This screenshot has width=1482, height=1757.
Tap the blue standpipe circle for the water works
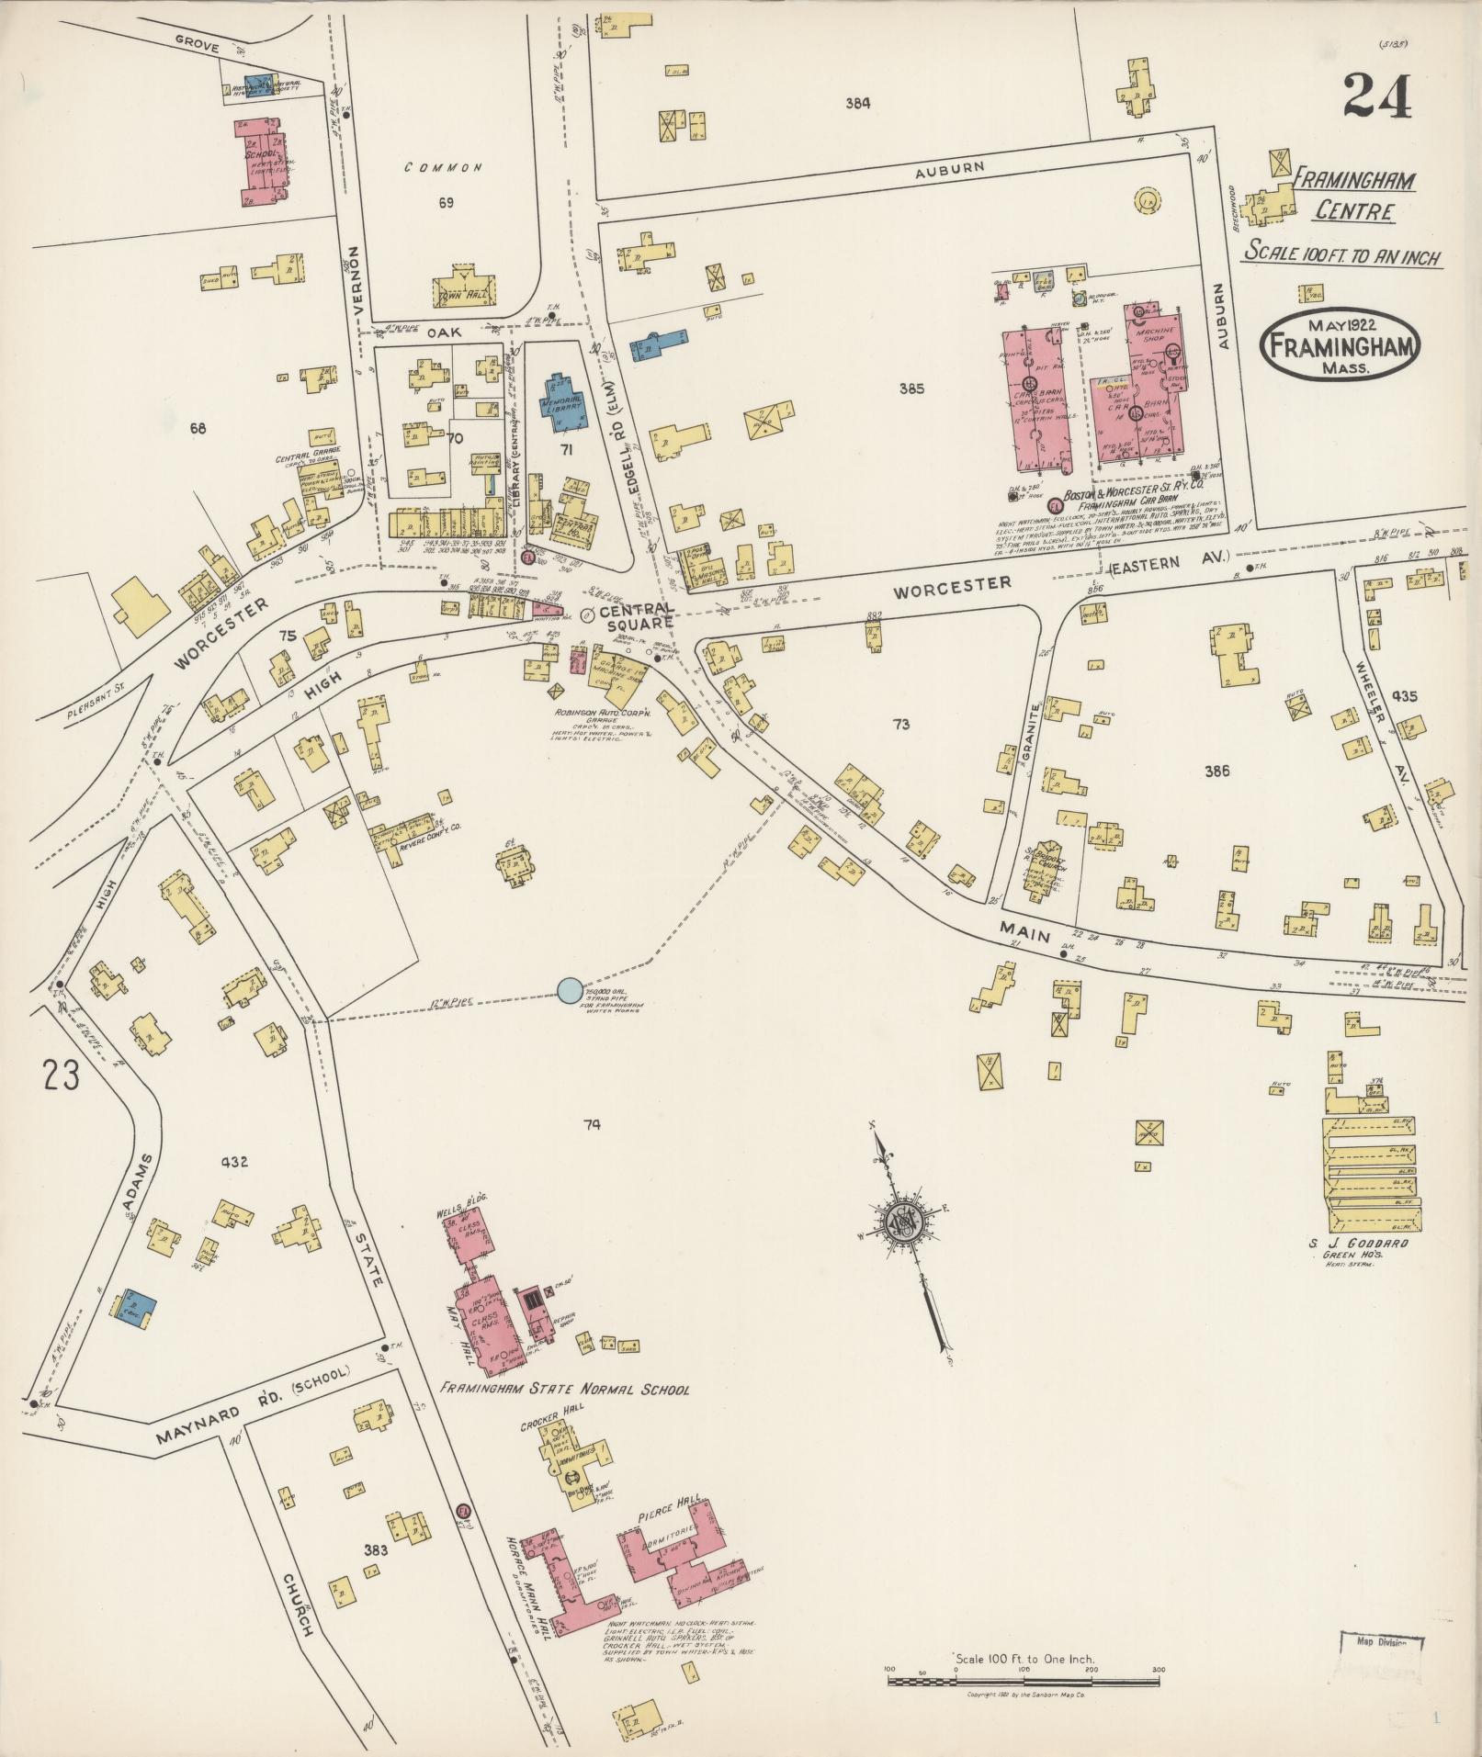point(570,990)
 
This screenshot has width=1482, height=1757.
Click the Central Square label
point(637,617)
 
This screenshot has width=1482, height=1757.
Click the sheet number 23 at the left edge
point(61,1075)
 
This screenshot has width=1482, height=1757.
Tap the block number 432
point(234,1162)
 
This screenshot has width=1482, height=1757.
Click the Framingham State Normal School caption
point(563,1390)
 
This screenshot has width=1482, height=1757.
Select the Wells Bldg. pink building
point(466,1233)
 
